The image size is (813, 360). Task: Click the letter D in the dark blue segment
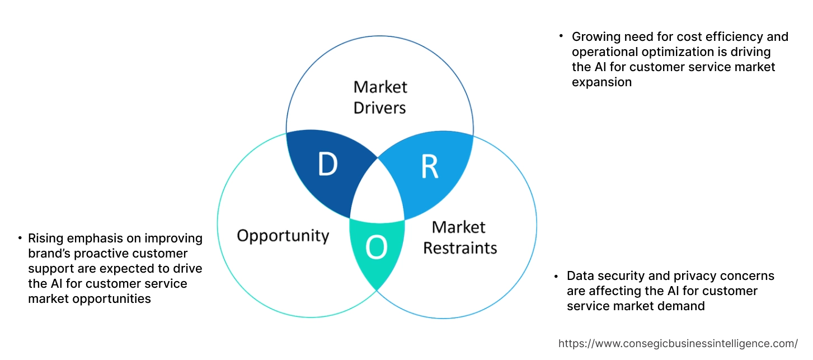click(328, 164)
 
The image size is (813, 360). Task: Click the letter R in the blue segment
click(429, 167)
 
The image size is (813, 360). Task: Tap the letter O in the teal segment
click(377, 247)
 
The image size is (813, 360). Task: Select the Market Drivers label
click(380, 97)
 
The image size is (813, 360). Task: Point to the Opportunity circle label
click(283, 235)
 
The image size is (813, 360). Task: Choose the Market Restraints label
click(459, 237)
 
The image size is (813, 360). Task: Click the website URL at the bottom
click(678, 344)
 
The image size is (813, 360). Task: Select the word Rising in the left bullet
click(45, 239)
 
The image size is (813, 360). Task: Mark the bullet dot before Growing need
click(561, 36)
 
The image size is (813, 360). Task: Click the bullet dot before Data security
click(556, 276)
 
